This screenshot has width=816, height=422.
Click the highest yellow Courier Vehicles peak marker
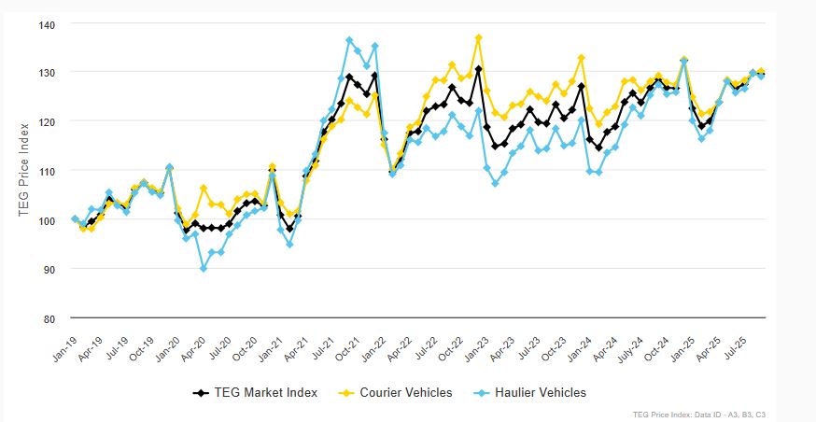pos(479,38)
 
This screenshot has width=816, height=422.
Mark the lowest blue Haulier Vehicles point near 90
pos(204,269)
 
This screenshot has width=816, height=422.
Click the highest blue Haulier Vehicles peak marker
pos(349,40)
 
